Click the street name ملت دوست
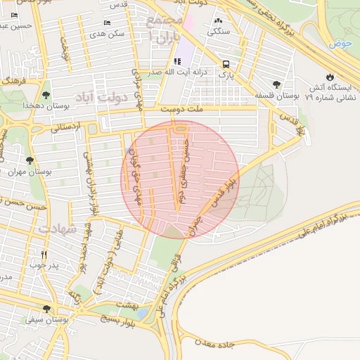click(x=181, y=110)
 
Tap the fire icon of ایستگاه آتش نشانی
click(x=330, y=76)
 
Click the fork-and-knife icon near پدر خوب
click(x=44, y=255)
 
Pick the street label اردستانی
click(x=67, y=127)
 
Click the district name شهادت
click(x=56, y=229)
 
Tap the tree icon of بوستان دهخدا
click(x=46, y=94)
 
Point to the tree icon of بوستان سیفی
click(x=46, y=309)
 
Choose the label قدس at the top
click(x=118, y=5)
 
